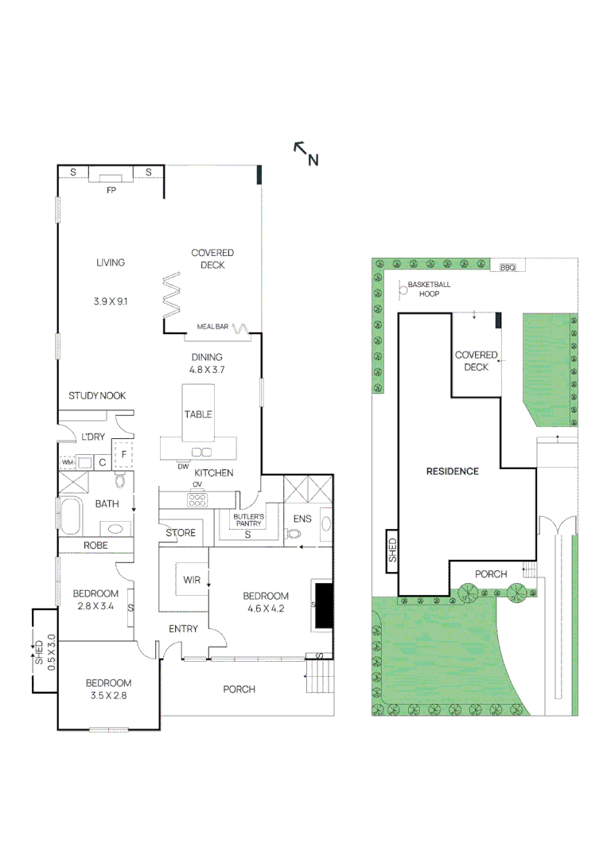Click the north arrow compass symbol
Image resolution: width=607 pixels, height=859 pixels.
[305, 153]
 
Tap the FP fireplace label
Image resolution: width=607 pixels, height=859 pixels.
[111, 191]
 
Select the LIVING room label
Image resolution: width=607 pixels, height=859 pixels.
[111, 262]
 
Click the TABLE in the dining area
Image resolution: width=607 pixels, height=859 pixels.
[198, 414]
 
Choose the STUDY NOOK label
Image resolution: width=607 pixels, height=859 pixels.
[97, 395]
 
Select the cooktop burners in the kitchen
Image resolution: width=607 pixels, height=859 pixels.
[196, 500]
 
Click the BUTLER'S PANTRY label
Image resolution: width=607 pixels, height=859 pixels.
[247, 520]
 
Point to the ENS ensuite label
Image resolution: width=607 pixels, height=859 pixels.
[302, 519]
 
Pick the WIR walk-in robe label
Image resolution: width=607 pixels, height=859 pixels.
[192, 580]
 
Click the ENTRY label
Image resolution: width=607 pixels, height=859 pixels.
[183, 629]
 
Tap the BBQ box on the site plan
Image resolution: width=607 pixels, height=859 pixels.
[508, 268]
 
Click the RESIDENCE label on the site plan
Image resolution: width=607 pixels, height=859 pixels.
[452, 471]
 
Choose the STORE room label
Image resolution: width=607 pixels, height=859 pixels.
[181, 533]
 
